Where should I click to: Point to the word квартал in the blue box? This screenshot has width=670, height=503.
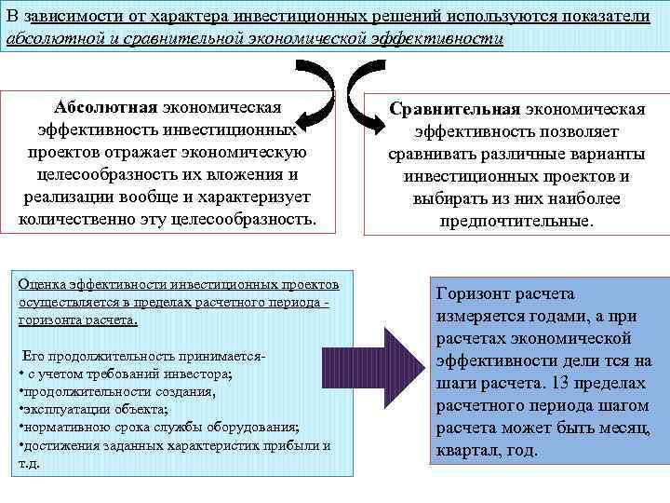tap(468, 450)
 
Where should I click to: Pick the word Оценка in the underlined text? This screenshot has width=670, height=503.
tap(42, 284)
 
